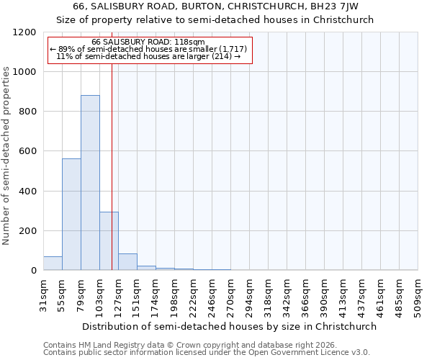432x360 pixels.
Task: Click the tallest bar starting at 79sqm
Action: (90, 183)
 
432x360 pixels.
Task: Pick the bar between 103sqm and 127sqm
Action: (109, 241)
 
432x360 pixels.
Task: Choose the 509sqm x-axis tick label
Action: (418, 297)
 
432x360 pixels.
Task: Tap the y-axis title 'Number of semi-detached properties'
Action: (6, 151)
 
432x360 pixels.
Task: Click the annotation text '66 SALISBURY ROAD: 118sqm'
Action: (148, 42)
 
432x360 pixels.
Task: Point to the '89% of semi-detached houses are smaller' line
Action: (148, 49)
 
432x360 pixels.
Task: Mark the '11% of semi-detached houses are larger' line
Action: (148, 56)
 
